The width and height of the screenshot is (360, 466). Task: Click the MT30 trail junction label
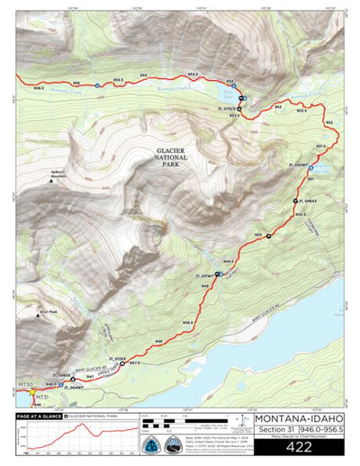pos(24,384)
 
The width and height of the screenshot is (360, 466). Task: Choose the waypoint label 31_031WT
pos(206,275)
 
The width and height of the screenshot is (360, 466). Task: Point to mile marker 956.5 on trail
pos(38,87)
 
